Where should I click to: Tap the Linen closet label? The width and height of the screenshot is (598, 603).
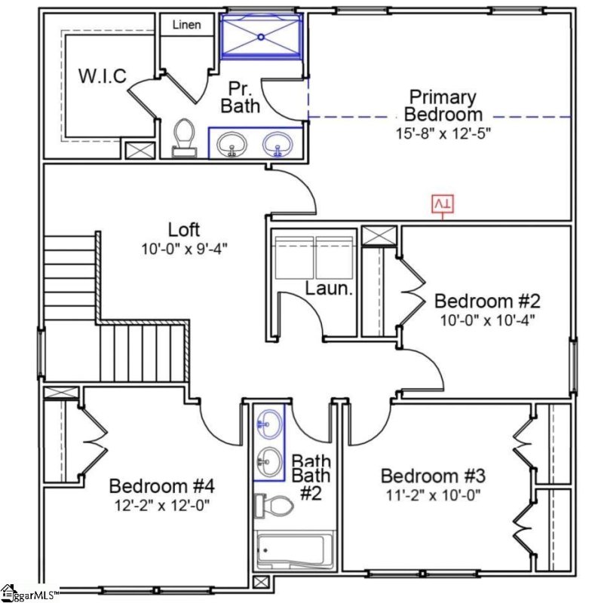point(186,25)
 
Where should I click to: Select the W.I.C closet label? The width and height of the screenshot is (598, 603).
point(103,76)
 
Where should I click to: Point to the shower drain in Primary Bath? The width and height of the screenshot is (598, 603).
point(261,36)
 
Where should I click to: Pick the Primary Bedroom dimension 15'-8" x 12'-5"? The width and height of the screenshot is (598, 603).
point(443,133)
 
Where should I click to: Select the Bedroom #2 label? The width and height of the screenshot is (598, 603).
point(487,301)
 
